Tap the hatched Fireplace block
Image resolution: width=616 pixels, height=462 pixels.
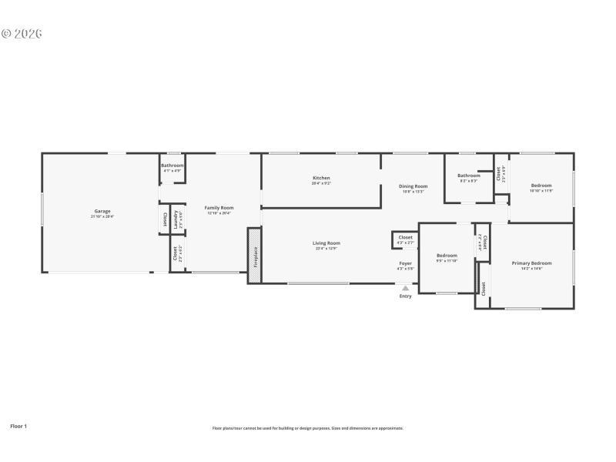coord(255,255)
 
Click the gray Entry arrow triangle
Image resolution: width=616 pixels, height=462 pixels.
coord(405,288)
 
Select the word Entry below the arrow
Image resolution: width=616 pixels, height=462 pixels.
coord(405,296)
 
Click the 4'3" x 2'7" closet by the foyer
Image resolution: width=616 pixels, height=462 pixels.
coord(405,239)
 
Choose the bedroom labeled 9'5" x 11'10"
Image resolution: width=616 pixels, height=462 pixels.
coord(447,257)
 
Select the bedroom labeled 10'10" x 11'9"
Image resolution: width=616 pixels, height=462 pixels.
coord(541,187)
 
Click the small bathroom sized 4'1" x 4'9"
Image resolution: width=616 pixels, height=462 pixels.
coord(172,167)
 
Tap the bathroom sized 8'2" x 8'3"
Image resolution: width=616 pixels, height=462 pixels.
coord(469,177)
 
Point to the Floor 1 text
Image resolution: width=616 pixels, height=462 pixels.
coord(18,425)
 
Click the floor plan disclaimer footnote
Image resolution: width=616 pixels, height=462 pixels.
coord(307,428)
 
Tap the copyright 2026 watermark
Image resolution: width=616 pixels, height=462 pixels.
coord(22,34)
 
